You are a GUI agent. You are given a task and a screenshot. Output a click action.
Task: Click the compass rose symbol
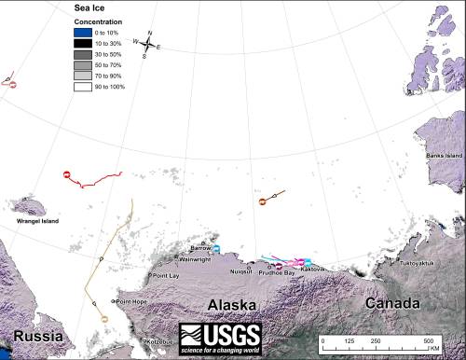click(148, 43)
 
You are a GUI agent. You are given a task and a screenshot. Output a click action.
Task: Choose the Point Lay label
click(167, 276)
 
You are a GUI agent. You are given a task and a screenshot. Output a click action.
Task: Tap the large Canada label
click(390, 304)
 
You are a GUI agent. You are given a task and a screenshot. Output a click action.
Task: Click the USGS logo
click(220, 336)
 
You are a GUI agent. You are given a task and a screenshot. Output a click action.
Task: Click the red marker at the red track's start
click(67, 175)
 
